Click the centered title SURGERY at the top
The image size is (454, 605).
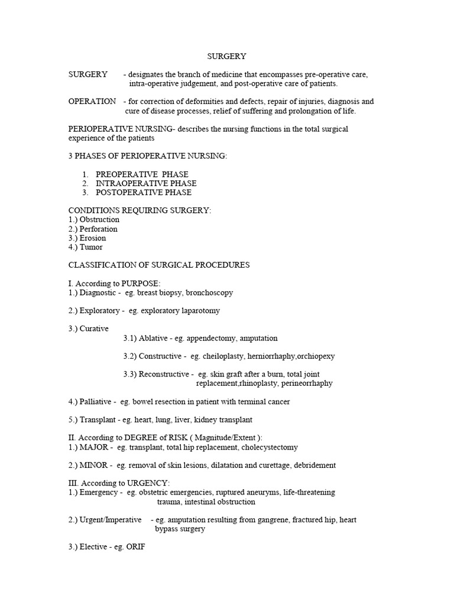[226, 56]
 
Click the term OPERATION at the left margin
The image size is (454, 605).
[92, 101]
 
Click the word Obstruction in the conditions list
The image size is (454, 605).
[99, 220]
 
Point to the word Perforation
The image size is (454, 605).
[99, 229]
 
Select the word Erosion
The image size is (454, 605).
[93, 238]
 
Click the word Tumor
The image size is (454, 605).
[91, 247]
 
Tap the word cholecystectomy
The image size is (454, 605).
[268, 447]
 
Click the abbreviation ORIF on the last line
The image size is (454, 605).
[135, 548]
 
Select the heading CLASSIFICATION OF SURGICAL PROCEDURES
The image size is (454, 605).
[159, 265]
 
